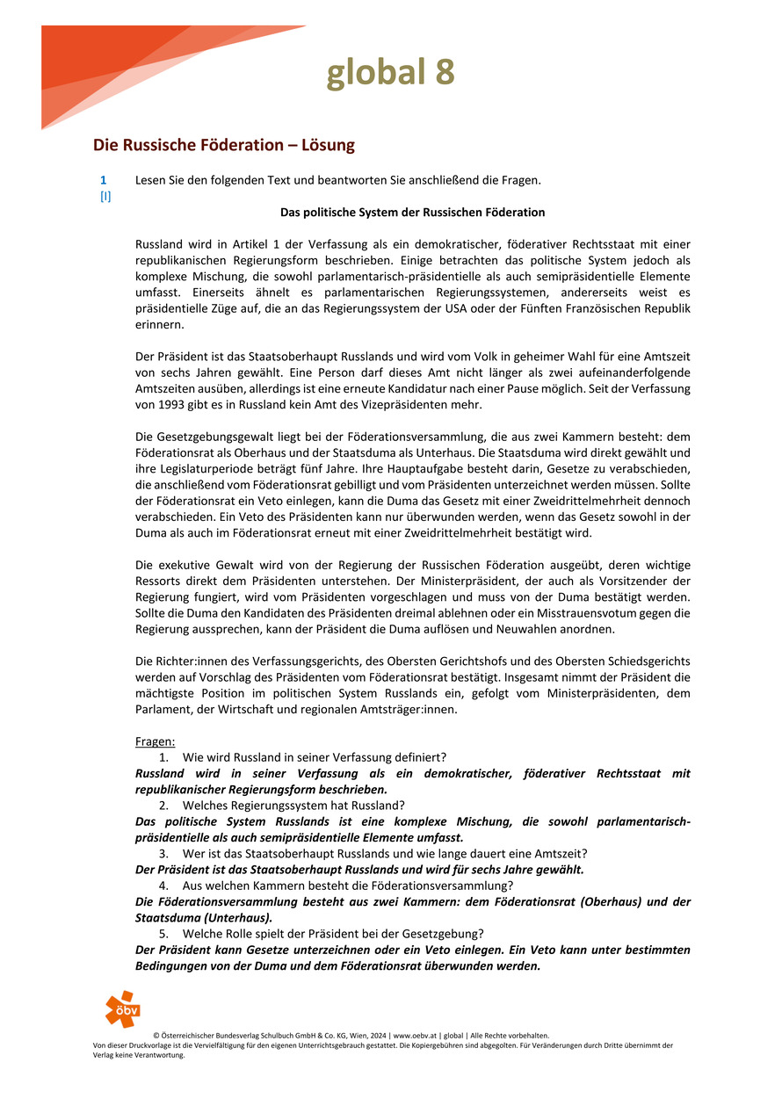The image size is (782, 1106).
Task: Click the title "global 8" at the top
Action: [x=391, y=73]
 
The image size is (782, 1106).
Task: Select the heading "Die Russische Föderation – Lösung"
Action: [x=224, y=144]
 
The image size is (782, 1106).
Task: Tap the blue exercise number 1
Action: [x=104, y=180]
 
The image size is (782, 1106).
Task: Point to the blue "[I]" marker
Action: [x=105, y=197]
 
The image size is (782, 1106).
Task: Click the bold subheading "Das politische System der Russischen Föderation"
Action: [x=412, y=213]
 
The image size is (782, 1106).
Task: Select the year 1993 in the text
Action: [x=177, y=405]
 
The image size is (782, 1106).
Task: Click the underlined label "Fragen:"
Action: [x=155, y=741]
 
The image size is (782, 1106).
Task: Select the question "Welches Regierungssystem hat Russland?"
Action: [x=293, y=806]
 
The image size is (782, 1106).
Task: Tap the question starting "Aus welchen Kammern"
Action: [x=347, y=886]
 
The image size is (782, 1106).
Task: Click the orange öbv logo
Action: [x=122, y=1009]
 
